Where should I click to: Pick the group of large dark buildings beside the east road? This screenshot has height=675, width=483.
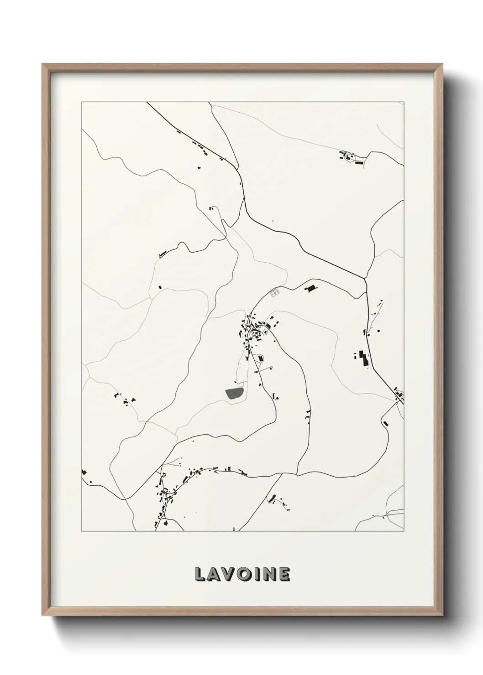363,358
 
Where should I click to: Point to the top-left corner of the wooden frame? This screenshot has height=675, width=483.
42,64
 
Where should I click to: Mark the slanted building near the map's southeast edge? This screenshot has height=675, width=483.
385,424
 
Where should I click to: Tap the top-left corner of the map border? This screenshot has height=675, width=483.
82,102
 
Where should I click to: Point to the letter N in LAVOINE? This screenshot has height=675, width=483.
270,575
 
